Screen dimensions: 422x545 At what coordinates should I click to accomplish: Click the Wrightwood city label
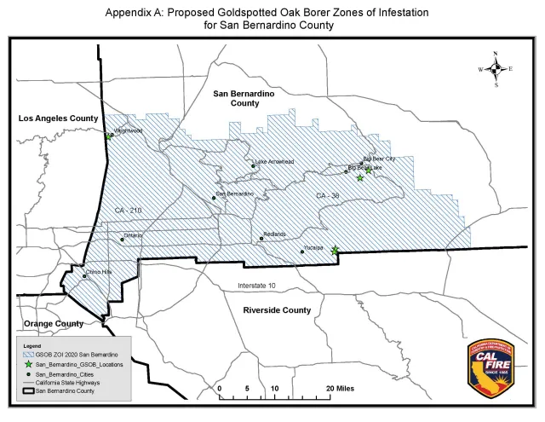(129, 131)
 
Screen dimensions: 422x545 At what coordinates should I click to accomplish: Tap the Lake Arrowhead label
(275, 161)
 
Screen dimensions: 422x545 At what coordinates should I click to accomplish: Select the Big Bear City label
(379, 159)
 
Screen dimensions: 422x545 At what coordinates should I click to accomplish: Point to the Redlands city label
(275, 233)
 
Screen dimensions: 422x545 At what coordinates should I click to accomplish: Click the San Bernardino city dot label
(235, 194)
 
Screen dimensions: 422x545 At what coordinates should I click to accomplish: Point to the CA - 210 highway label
(128, 209)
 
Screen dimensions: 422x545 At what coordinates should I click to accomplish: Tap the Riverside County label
(277, 309)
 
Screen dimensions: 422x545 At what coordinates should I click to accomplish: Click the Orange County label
(53, 324)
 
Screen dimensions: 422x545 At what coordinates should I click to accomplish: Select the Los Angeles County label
(58, 119)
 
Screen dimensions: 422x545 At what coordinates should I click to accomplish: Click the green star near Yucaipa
(335, 251)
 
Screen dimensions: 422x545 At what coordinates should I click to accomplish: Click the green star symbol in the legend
(28, 364)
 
